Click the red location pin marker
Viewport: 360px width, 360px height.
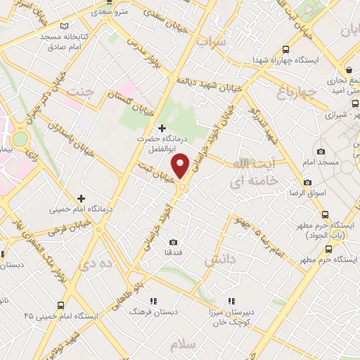click(181, 167)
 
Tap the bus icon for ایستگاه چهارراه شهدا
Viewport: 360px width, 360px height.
click(285, 49)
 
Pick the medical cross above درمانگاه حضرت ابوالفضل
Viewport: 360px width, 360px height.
click(162, 128)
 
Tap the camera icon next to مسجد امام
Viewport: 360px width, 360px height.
click(321, 152)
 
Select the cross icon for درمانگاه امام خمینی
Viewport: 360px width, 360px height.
click(82, 198)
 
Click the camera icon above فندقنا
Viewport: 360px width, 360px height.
click(173, 242)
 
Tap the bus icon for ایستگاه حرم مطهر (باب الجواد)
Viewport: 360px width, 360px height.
click(325, 215)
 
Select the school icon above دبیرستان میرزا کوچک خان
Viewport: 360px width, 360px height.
click(230, 300)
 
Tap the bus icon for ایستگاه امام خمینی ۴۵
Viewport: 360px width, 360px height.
click(61, 306)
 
